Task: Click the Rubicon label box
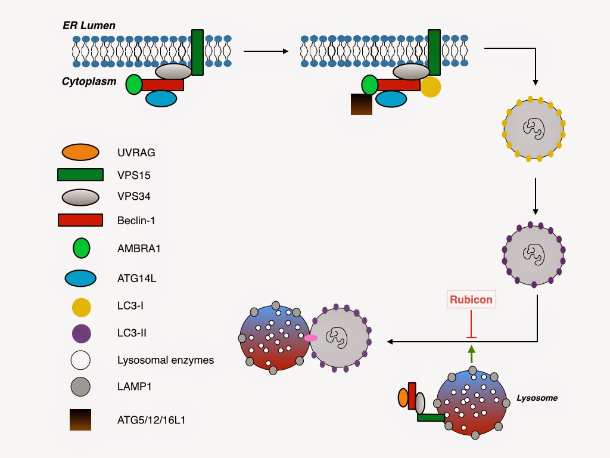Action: click(471, 299)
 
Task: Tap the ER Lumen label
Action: click(89, 26)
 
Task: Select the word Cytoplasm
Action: click(89, 81)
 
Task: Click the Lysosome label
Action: click(537, 398)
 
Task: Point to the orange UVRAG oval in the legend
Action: click(80, 152)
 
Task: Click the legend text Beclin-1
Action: click(136, 221)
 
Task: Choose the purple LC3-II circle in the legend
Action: click(81, 333)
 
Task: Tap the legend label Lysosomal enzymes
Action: click(166, 360)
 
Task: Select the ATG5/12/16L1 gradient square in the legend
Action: click(80, 420)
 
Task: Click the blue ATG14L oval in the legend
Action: click(80, 278)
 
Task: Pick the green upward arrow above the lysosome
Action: click(472, 354)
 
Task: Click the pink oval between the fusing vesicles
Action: click(310, 338)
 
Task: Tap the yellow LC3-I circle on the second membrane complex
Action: click(431, 86)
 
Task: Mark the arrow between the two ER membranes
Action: click(266, 51)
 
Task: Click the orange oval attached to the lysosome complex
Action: click(403, 398)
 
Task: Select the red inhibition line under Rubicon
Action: click(471, 324)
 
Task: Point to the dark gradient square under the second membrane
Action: click(362, 104)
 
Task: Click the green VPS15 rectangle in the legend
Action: click(80, 175)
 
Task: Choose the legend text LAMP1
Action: click(134, 386)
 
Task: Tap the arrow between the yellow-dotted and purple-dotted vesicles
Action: click(536, 196)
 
